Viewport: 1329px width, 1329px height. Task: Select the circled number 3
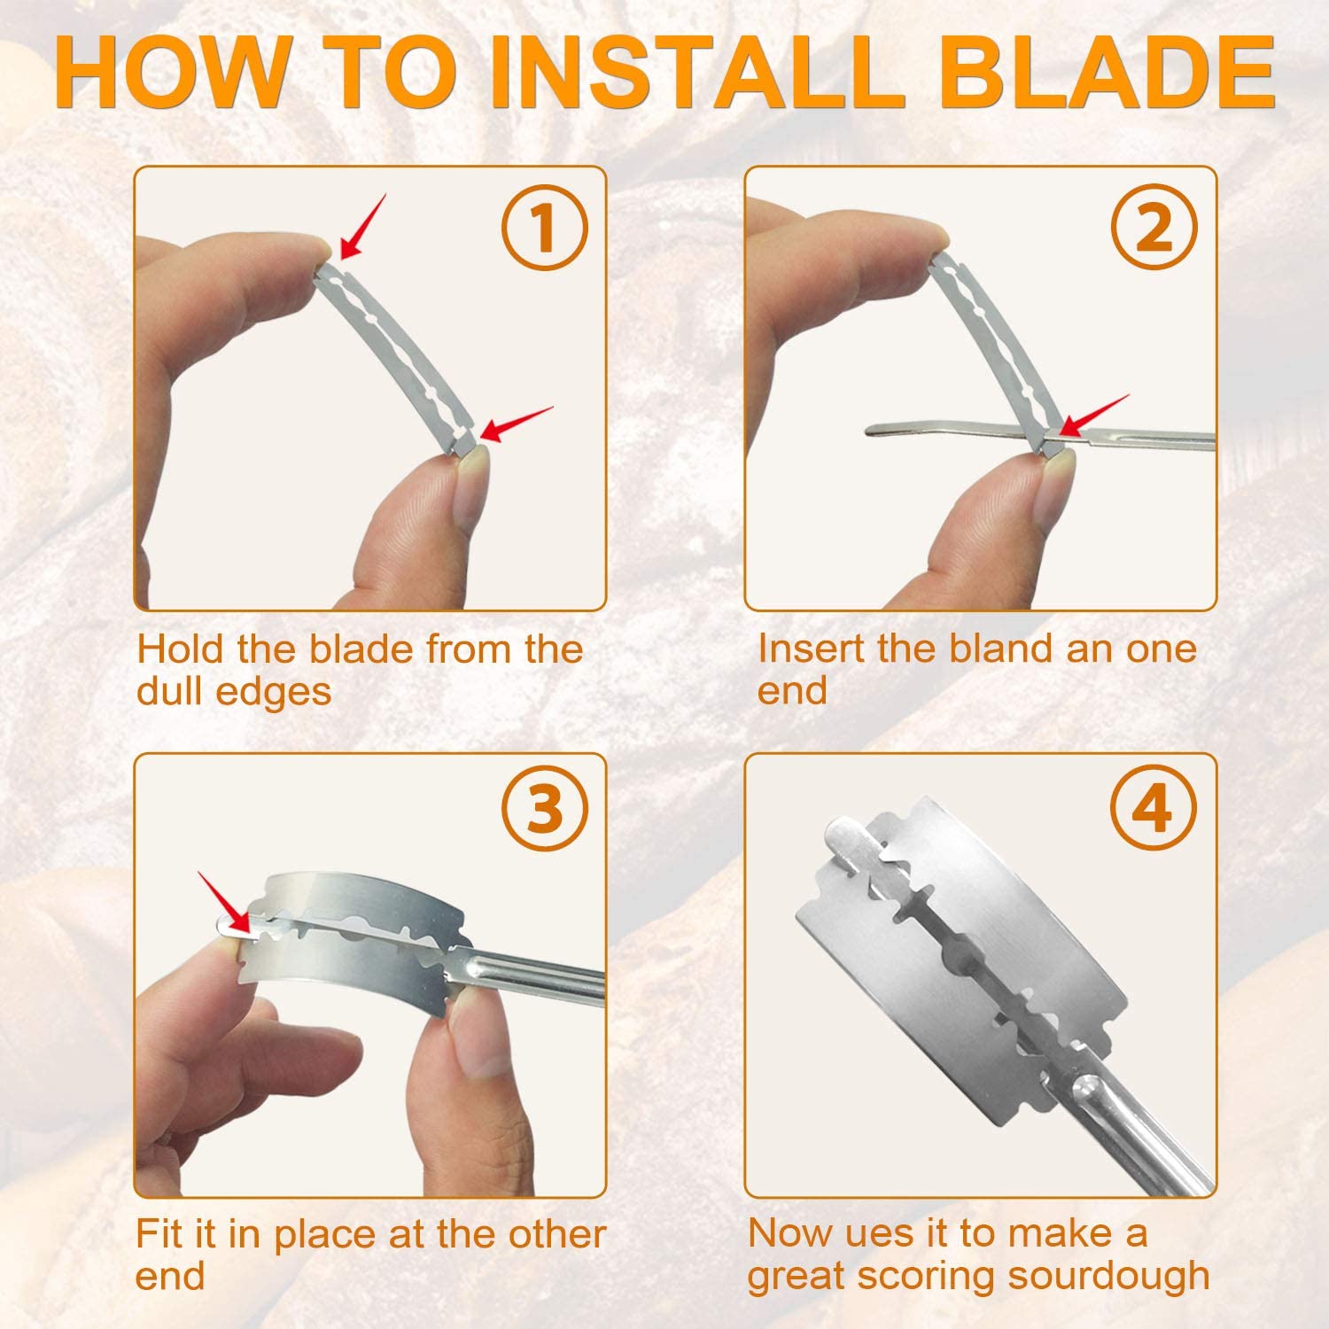(545, 808)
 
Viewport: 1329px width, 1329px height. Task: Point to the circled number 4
(1153, 808)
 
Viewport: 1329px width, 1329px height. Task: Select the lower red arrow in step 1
(516, 424)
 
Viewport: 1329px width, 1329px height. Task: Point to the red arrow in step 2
(1095, 416)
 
